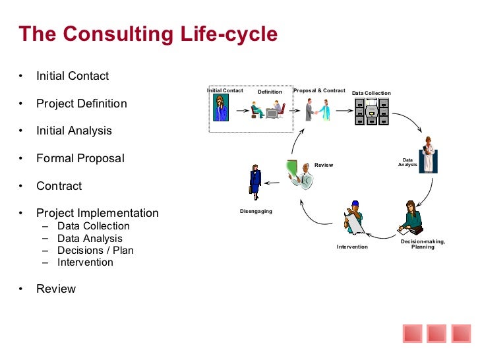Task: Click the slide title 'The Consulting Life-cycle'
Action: pos(148,34)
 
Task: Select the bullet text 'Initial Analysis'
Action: pos(74,131)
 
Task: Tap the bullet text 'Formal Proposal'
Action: pos(80,158)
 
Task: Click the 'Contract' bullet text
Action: pos(59,186)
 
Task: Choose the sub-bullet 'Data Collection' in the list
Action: pos(94,225)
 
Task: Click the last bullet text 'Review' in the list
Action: pos(56,289)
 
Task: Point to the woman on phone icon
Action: pos(220,109)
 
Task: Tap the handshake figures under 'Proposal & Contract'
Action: pos(317,109)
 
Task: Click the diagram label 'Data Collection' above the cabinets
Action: pos(371,94)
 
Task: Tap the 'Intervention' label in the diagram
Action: pos(352,247)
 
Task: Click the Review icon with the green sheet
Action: pos(299,172)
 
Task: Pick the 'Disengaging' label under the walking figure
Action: pos(256,211)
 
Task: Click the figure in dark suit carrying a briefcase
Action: pos(255,181)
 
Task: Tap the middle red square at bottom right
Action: pos(436,334)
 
